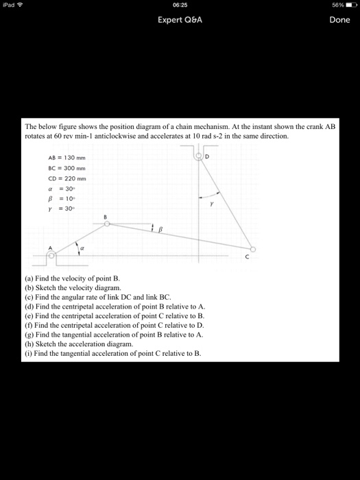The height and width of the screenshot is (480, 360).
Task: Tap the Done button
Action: pyautogui.click(x=339, y=20)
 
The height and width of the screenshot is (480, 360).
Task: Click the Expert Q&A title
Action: pyautogui.click(x=180, y=20)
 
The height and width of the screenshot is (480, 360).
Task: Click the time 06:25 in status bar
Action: pyautogui.click(x=180, y=4)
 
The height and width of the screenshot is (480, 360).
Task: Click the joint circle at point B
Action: pyautogui.click(x=106, y=221)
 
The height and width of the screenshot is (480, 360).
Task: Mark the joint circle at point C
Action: pyautogui.click(x=253, y=249)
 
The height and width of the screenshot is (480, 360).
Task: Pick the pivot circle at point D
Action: pyautogui.click(x=200, y=156)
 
